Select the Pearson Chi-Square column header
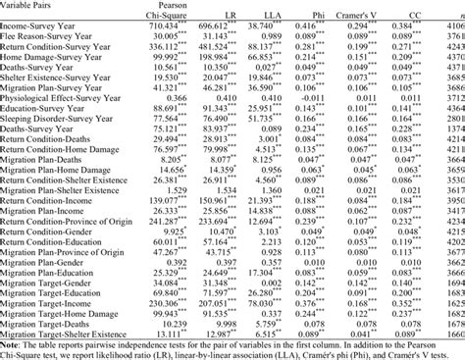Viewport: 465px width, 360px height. click(x=175, y=11)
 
